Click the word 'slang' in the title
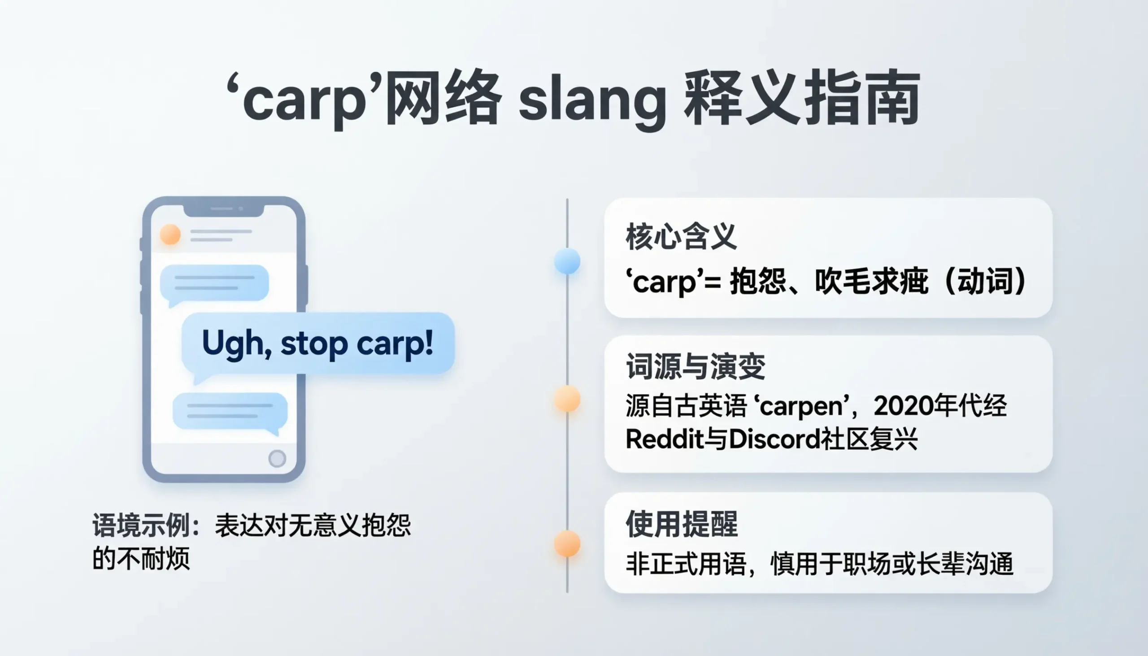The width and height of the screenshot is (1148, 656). tap(592, 100)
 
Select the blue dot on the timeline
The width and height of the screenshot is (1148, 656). tap(567, 261)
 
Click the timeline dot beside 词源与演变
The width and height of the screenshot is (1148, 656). tap(567, 398)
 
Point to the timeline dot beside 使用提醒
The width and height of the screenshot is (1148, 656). tap(567, 543)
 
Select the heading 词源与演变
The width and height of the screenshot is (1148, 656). tap(695, 366)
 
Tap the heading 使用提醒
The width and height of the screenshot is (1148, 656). tap(682, 524)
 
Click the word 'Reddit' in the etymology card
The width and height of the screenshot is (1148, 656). tap(665, 439)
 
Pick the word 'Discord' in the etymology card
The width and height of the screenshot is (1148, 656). tap(774, 439)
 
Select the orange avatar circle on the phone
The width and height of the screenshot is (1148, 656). tap(170, 234)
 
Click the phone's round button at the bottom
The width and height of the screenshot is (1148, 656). tap(277, 458)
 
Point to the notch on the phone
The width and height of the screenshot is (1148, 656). tap(224, 210)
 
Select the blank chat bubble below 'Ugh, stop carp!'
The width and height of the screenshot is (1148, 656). tap(230, 411)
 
